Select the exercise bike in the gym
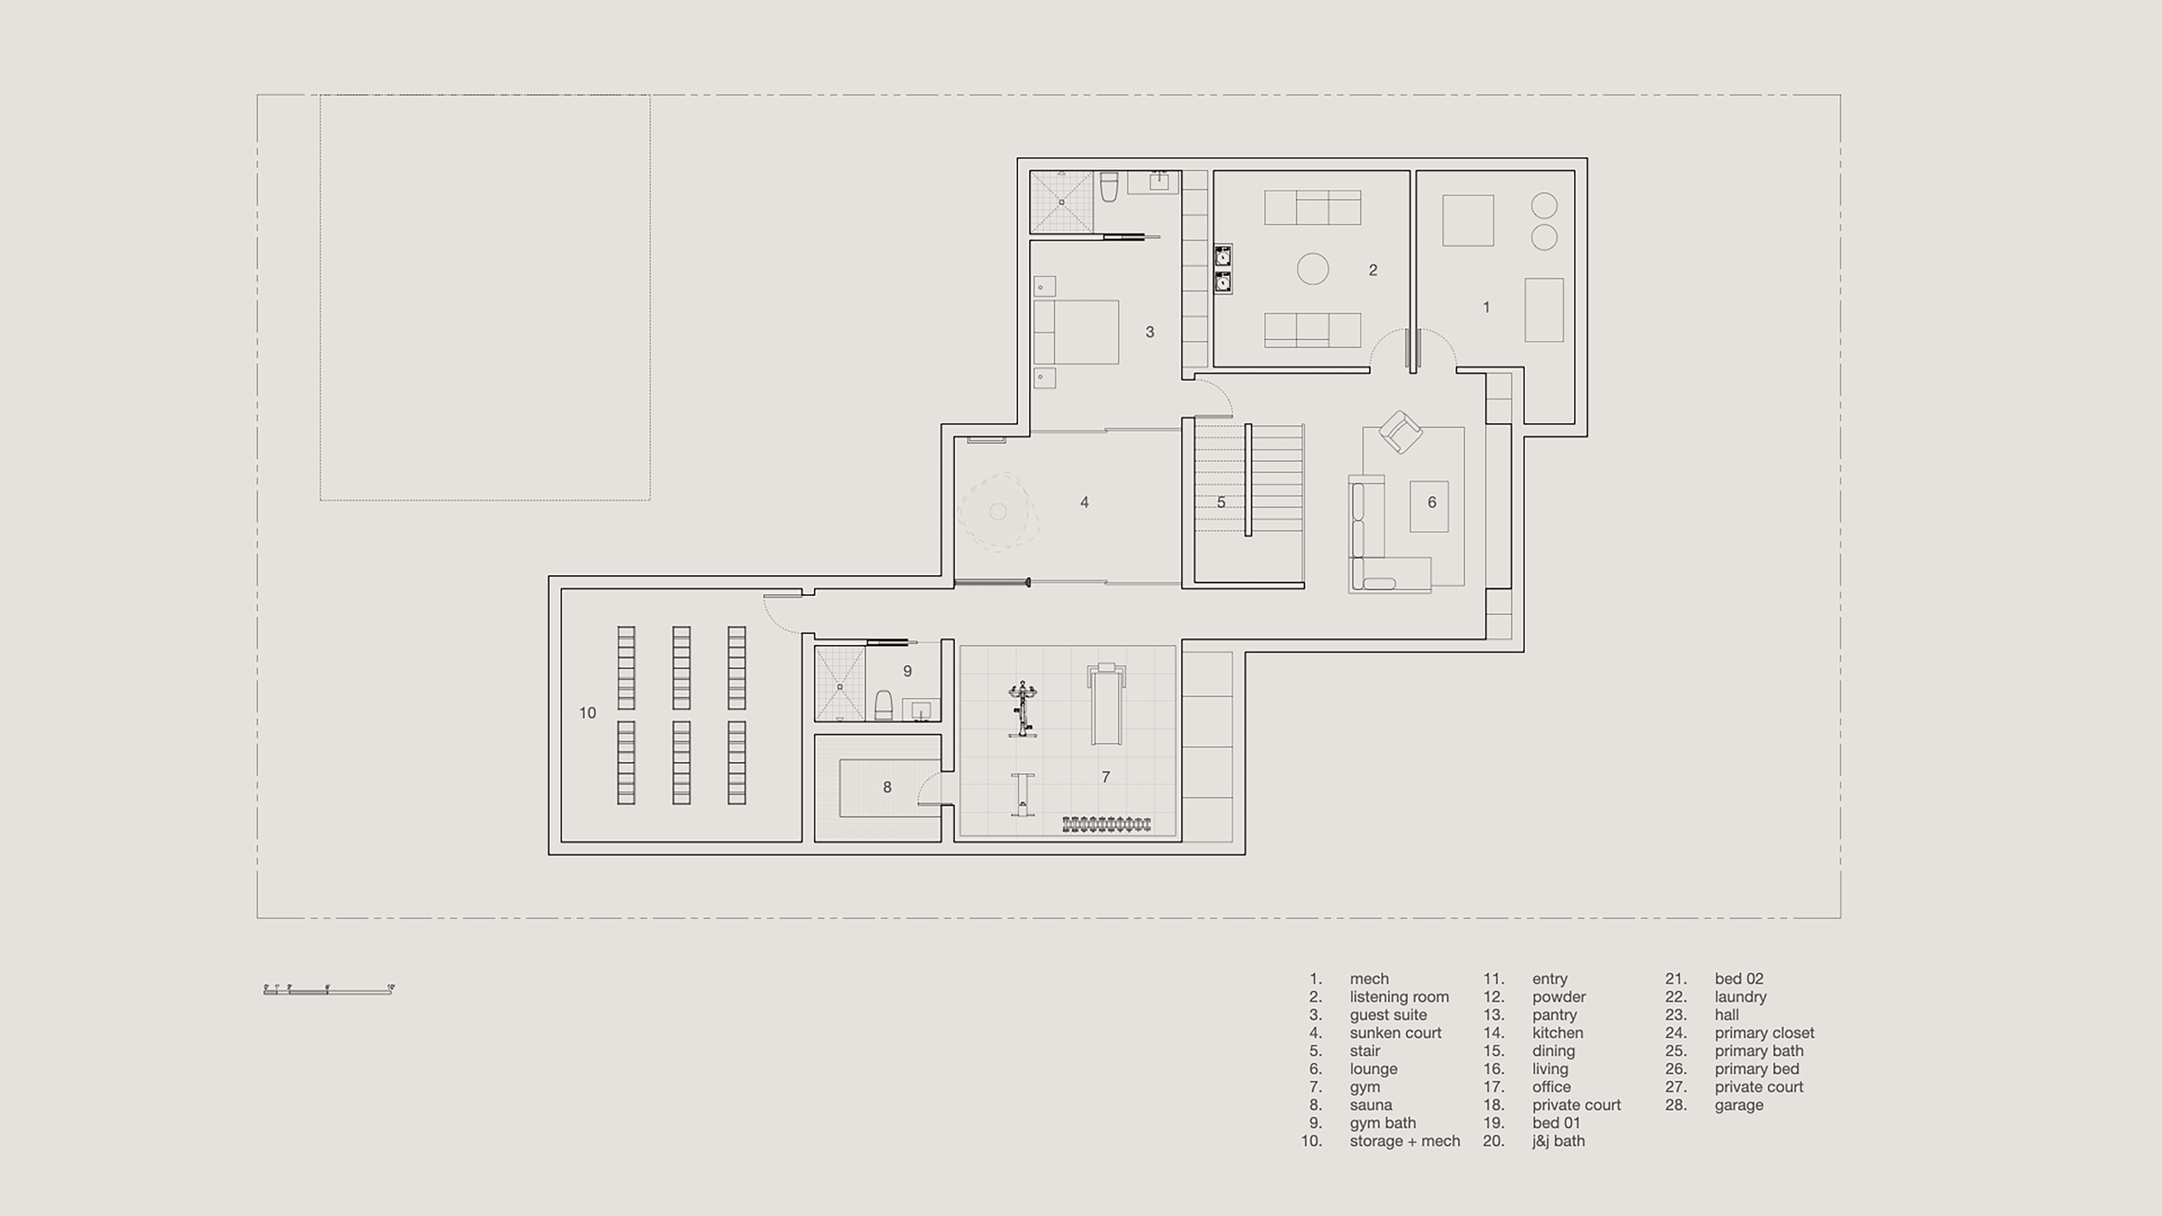(x=1022, y=709)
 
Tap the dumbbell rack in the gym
(x=1106, y=824)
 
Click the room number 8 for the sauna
(x=886, y=787)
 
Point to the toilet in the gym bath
(x=884, y=705)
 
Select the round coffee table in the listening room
(x=1312, y=269)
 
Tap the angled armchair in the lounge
(x=1400, y=432)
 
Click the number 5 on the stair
(x=1220, y=502)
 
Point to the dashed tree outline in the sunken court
(x=997, y=511)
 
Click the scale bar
(x=329, y=990)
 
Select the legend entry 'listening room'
(x=1398, y=996)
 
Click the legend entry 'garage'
(x=1738, y=1104)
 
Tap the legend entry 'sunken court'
(x=1395, y=1033)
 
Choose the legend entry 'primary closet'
(x=1764, y=1033)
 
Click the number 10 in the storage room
(x=587, y=713)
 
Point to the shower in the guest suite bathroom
(x=1061, y=202)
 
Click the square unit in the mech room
(x=1468, y=221)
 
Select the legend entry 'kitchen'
(x=1558, y=1033)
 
